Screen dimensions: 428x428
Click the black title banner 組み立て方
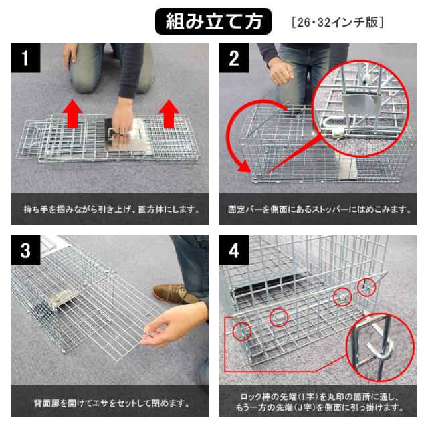(x=213, y=21)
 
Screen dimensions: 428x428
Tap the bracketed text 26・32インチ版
(x=338, y=22)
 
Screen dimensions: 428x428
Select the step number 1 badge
(x=25, y=58)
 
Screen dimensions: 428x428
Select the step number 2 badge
(x=234, y=58)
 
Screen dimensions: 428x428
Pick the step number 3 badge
(x=25, y=250)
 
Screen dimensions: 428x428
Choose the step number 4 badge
(x=234, y=250)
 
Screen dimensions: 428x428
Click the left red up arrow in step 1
(x=72, y=114)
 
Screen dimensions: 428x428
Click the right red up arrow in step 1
(x=169, y=114)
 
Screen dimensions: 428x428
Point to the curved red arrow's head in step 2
(x=244, y=166)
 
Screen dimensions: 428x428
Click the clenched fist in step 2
(x=281, y=73)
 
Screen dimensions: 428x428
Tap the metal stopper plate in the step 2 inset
(x=360, y=104)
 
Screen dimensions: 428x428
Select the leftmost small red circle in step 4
(x=242, y=332)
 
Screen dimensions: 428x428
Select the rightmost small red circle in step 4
(x=366, y=287)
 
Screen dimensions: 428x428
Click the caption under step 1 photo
(x=112, y=209)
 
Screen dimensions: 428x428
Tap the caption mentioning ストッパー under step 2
(x=320, y=209)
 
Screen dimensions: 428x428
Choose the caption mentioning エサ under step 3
(x=112, y=403)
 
